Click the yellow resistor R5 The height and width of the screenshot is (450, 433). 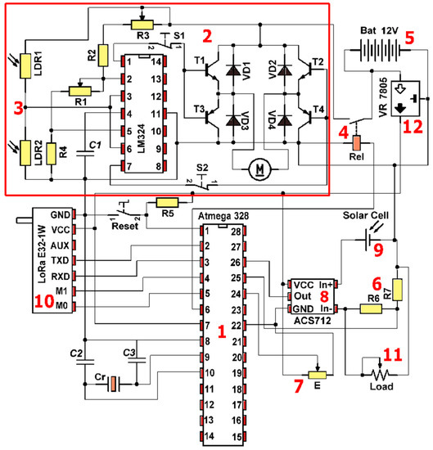pos(167,202)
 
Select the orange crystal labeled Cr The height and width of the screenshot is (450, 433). pos(114,382)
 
